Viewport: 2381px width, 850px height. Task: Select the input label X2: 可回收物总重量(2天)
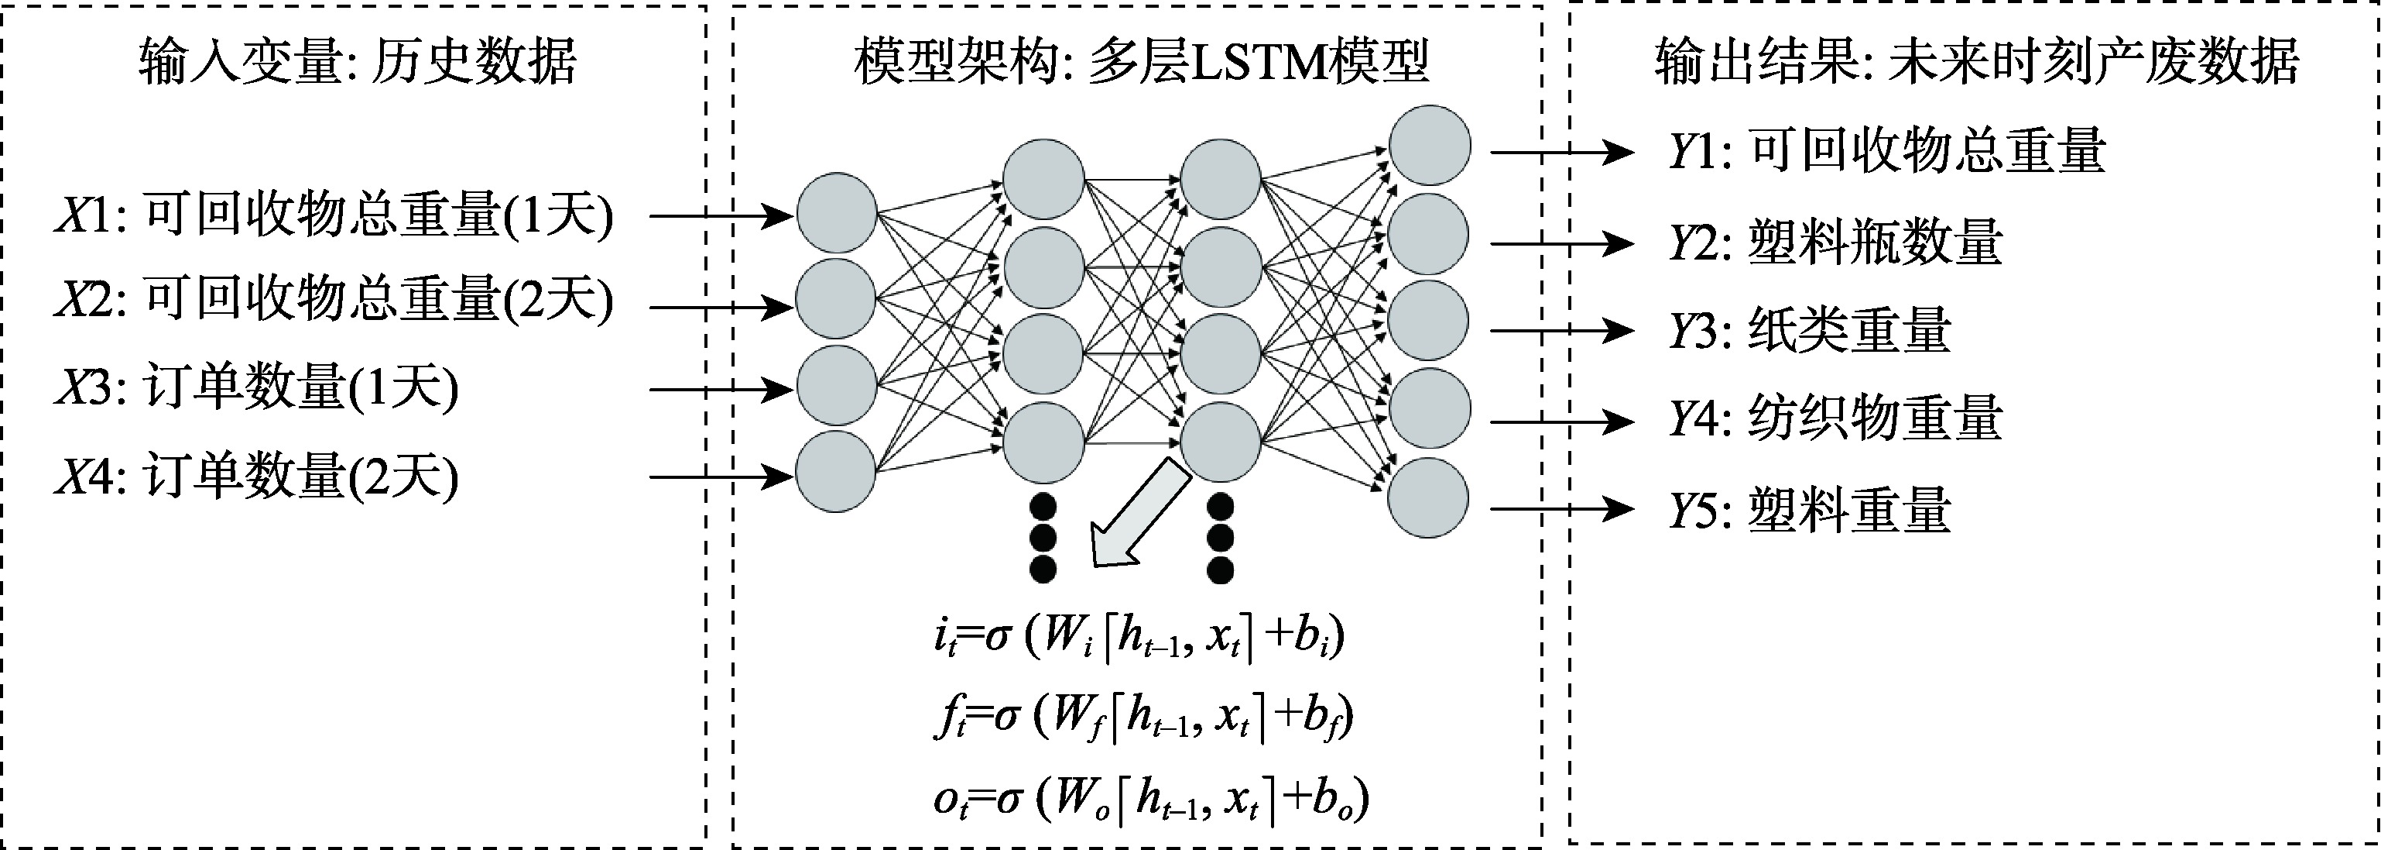pyautogui.click(x=334, y=301)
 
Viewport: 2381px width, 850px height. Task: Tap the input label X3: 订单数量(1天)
pyautogui.click(x=257, y=388)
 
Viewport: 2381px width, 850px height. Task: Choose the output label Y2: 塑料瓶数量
pyautogui.click(x=1835, y=243)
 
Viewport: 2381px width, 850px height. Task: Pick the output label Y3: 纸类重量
pyautogui.click(x=1809, y=330)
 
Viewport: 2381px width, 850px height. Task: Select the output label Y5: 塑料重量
pyautogui.click(x=1809, y=509)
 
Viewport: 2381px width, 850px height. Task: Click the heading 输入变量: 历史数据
pyautogui.click(x=358, y=63)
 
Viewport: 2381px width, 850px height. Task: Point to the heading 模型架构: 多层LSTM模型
pyautogui.click(x=1142, y=63)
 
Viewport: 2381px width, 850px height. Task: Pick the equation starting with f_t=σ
pyautogui.click(x=1143, y=718)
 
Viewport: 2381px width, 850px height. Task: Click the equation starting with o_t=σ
pyautogui.click(x=1151, y=797)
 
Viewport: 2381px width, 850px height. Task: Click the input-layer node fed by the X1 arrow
pyautogui.click(x=837, y=213)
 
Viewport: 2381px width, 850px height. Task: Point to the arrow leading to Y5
pyautogui.click(x=1561, y=508)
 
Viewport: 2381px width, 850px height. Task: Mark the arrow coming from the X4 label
pyautogui.click(x=721, y=477)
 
